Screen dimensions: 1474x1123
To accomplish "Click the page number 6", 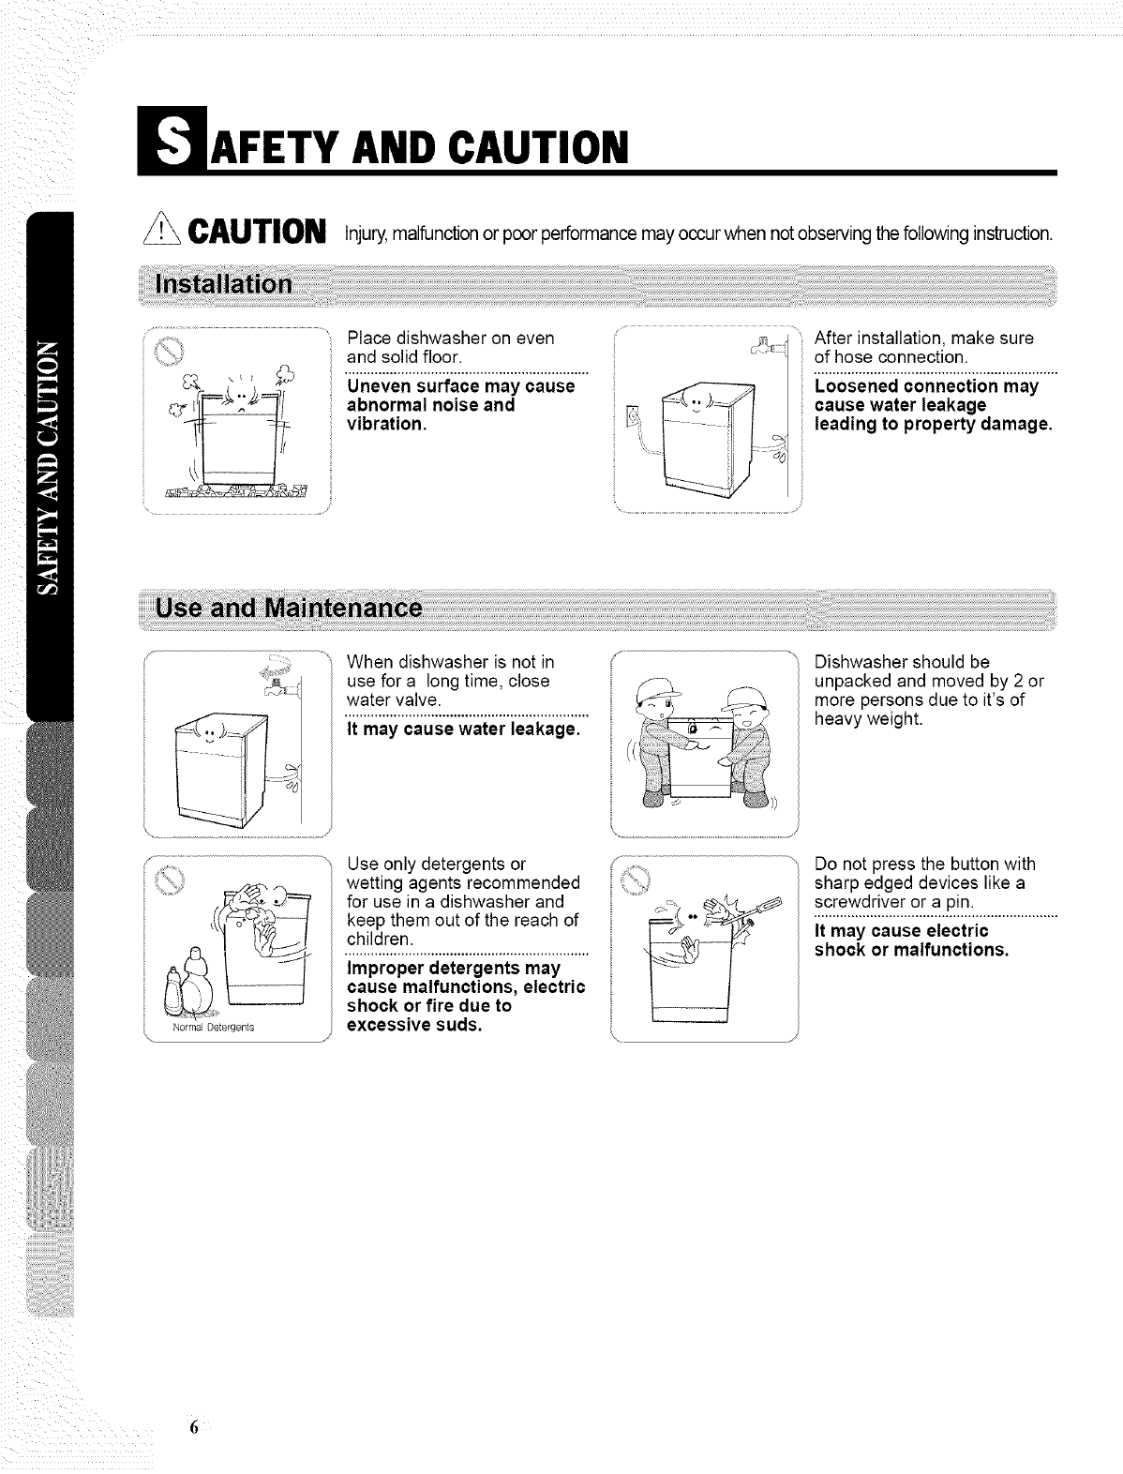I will click(193, 1428).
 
